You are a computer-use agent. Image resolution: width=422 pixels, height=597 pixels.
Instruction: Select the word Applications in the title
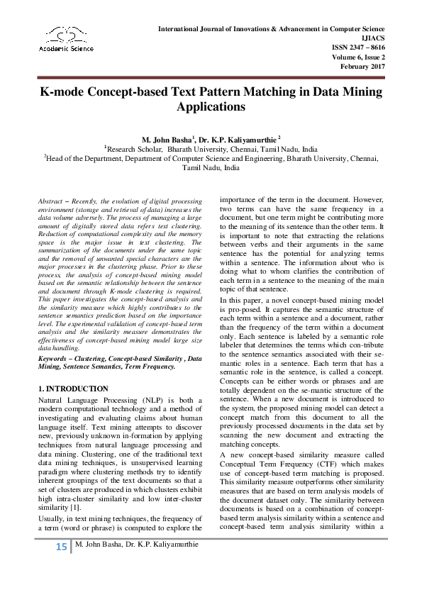pyautogui.click(x=211, y=108)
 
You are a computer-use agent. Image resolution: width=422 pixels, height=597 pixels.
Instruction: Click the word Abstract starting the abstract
pyautogui.click(x=49, y=202)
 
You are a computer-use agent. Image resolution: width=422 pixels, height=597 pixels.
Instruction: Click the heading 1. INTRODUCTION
pyautogui.click(x=73, y=389)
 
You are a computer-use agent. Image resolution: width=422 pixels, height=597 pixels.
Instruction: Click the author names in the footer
pyautogui.click(x=137, y=564)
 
